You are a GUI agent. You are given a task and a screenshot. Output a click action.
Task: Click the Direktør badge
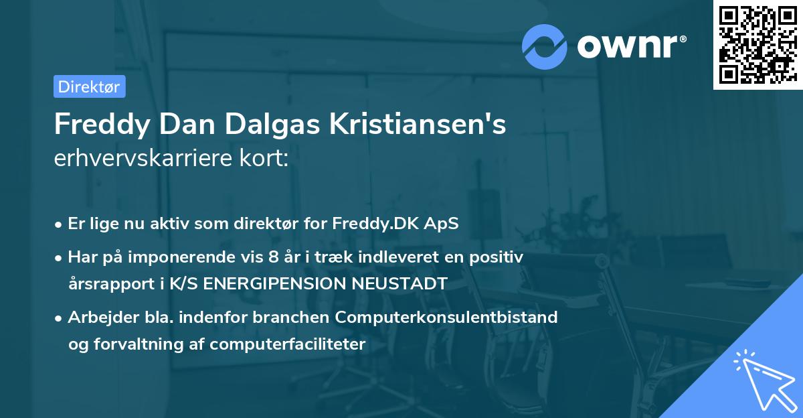89,86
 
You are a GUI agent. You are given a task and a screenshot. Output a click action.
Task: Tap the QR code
757,44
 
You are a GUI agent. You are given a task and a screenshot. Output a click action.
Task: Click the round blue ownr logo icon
545,46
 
